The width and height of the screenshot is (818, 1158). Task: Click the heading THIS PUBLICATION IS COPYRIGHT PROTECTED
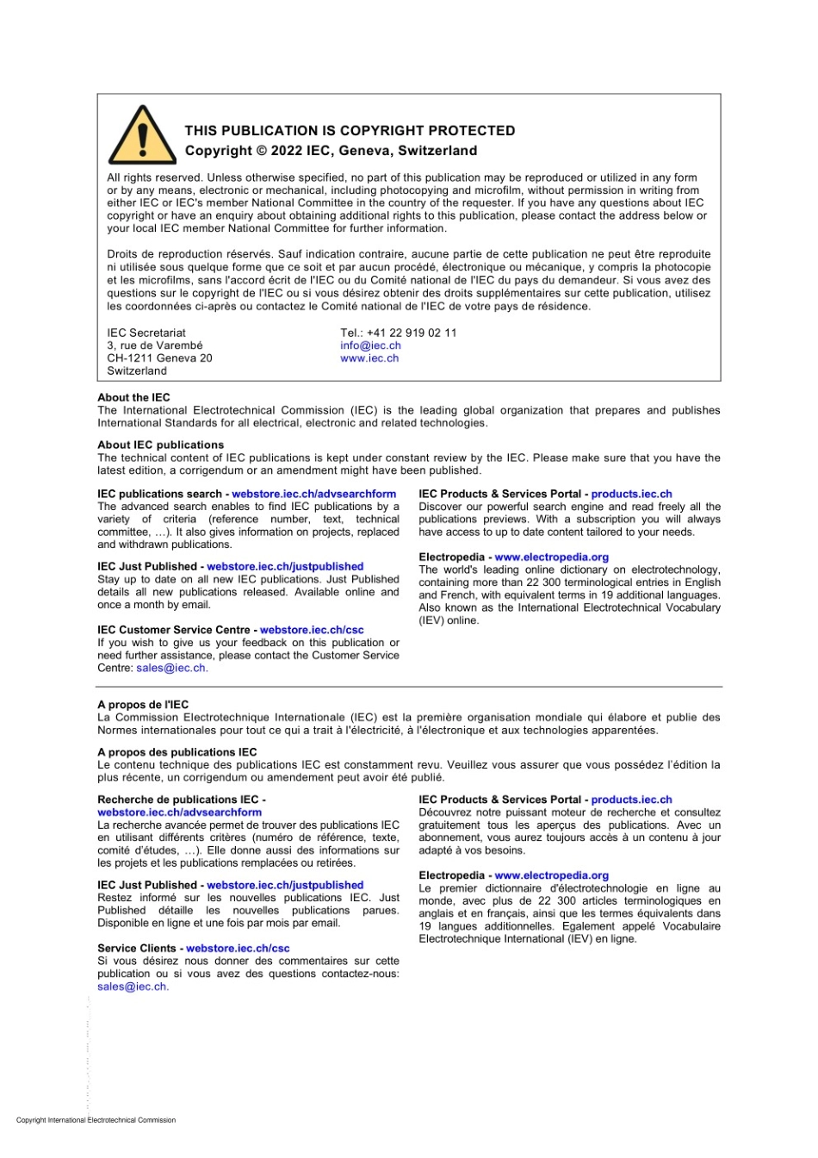[x=350, y=131]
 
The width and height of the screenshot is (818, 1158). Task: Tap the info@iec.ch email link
[x=370, y=346]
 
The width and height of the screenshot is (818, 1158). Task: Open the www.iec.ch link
[x=369, y=358]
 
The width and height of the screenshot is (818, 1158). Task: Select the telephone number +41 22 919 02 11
[x=412, y=333]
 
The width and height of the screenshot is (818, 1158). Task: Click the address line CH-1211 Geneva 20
[x=159, y=358]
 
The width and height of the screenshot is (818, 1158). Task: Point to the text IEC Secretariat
[x=146, y=333]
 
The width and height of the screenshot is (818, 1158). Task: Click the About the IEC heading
[x=133, y=397]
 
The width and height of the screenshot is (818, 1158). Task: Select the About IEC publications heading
[x=160, y=445]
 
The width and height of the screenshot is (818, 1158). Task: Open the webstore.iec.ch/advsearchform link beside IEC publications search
[x=313, y=494]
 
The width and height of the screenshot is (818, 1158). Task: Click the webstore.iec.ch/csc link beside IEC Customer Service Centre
[x=312, y=630]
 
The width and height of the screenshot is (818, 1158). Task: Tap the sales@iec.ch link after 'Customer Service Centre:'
[x=170, y=668]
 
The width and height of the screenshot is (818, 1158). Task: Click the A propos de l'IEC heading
[x=143, y=704]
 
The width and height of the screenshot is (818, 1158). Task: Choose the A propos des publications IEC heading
[x=177, y=751]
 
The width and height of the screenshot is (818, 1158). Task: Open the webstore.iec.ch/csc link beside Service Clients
[x=238, y=948]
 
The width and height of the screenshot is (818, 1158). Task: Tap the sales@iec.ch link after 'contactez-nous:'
[x=132, y=987]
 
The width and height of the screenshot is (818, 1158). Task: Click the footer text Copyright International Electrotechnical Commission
[x=96, y=1120]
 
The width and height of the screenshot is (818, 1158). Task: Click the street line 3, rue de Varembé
[x=155, y=346]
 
